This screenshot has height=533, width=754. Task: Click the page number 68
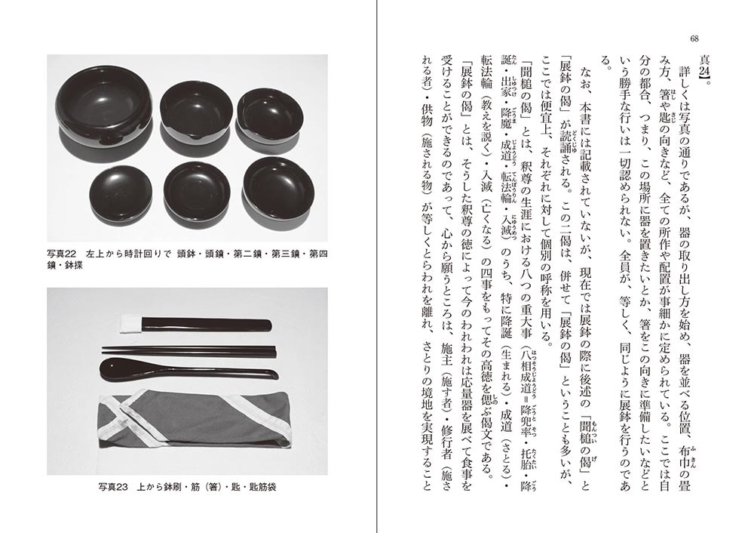coord(694,39)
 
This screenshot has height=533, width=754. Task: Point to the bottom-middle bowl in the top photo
coord(196,192)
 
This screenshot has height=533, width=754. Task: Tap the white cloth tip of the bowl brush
coord(130,324)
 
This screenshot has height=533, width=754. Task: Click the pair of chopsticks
coord(188,351)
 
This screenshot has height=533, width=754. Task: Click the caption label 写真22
coord(62,254)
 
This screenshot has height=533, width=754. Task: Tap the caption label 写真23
coord(113,487)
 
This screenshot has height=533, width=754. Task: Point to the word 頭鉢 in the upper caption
coord(185,254)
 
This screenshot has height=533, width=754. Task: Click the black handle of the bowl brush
coord(207,325)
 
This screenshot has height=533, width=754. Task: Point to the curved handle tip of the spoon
coord(273,374)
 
